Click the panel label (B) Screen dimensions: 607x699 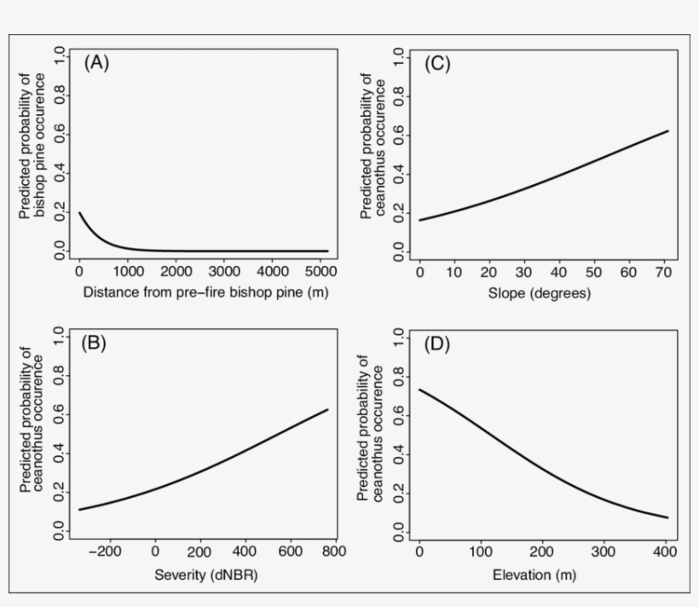[x=93, y=345]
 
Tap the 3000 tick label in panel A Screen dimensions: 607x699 [x=223, y=272]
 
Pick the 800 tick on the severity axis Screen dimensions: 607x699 [x=335, y=552]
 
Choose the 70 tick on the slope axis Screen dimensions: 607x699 [x=663, y=272]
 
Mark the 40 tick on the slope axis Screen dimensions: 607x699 [x=558, y=272]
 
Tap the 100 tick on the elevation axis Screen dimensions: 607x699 [x=480, y=552]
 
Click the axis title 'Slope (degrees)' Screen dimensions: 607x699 [x=540, y=294]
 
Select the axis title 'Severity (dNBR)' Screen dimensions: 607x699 [x=205, y=575]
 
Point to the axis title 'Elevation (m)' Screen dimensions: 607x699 [x=534, y=575]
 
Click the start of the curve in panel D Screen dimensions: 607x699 [x=419, y=390]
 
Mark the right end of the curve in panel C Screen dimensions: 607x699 [x=668, y=130]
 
